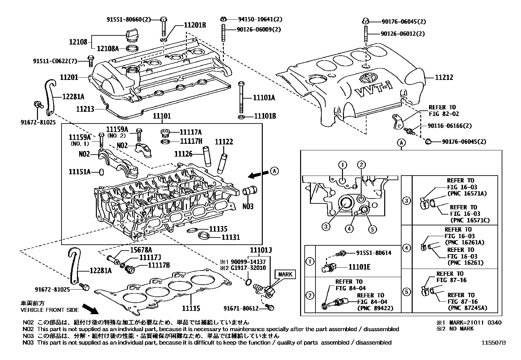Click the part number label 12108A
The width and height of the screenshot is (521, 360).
click(x=108, y=49)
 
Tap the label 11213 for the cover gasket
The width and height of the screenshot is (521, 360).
click(x=85, y=109)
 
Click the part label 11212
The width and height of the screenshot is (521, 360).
click(x=444, y=78)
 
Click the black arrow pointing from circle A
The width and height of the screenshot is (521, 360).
click(x=257, y=175)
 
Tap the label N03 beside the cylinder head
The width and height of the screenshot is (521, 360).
click(x=248, y=207)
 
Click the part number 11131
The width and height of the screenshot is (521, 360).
click(x=231, y=237)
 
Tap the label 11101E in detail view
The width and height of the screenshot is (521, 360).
click(x=359, y=267)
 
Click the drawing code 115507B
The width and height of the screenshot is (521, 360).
click(x=493, y=343)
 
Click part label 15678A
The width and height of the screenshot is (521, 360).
click(x=142, y=250)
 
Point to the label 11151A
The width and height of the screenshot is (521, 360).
click(x=80, y=172)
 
